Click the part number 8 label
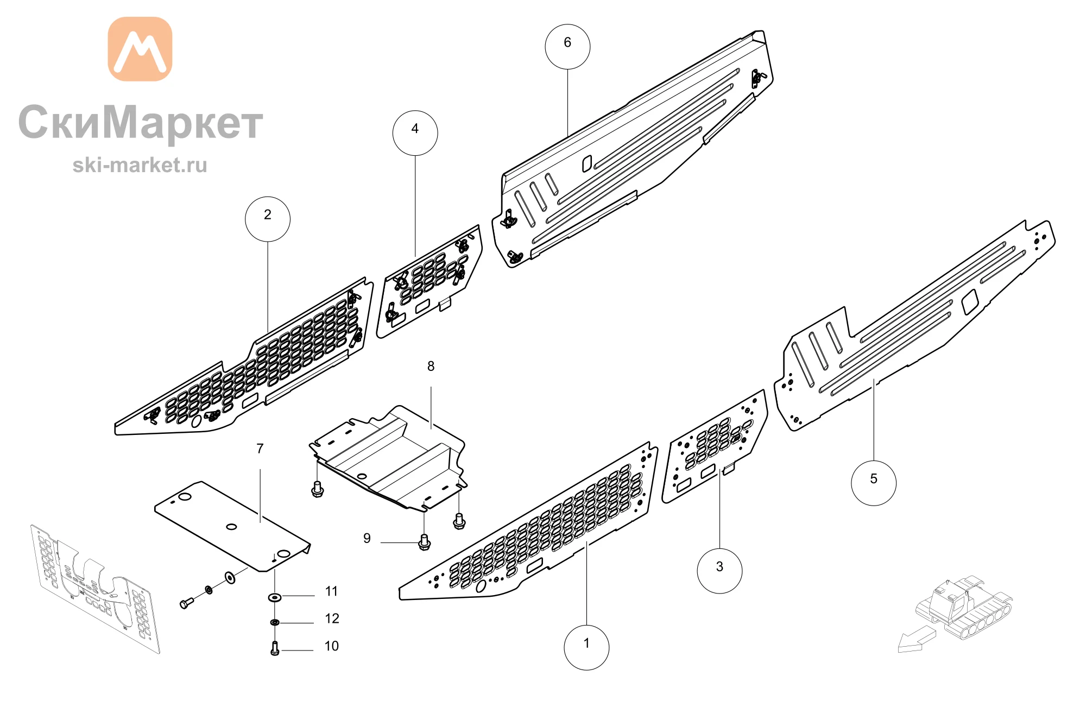tap(431, 367)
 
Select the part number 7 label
tap(260, 449)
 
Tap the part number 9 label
tap(367, 538)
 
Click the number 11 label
tap(331, 591)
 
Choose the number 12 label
tap(332, 618)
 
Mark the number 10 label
tap(331, 646)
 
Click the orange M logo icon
tap(140, 49)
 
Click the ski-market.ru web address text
tap(140, 165)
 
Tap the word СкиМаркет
tap(141, 123)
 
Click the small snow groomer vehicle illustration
tap(964, 607)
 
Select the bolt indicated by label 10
tap(275, 648)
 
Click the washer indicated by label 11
tap(275, 597)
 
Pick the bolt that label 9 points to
tap(425, 542)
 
